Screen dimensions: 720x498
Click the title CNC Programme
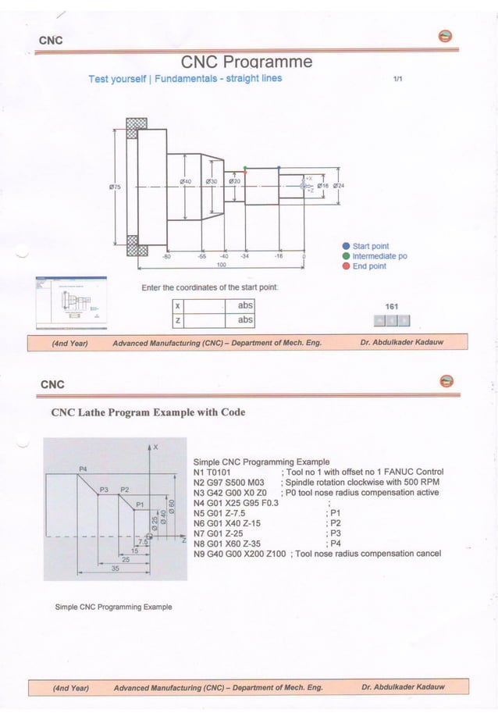pos(247,62)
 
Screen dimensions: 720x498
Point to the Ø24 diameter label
pos(339,186)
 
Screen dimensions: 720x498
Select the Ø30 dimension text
pos(211,181)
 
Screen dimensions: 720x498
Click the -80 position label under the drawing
pos(166,255)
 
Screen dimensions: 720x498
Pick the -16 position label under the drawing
pos(278,255)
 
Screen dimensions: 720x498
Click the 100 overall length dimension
pos(221,265)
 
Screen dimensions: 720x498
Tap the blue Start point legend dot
pos(346,246)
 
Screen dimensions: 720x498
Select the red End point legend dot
pos(346,266)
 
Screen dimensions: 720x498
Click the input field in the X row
pos(205,306)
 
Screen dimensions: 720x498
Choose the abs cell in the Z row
pos(245,320)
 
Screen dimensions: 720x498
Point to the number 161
pos(392,307)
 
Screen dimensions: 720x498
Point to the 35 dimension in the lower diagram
pos(116,569)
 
